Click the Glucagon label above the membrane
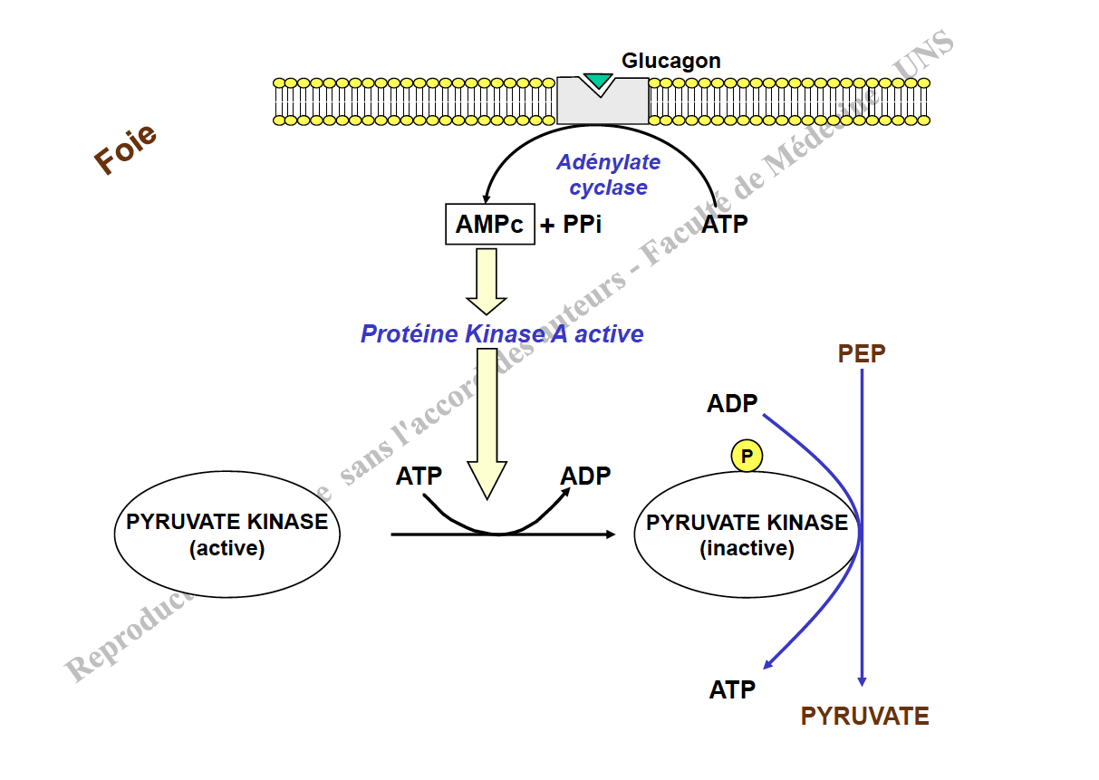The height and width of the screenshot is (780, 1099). pos(670,61)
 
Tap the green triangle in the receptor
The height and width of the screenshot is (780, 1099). pos(598,82)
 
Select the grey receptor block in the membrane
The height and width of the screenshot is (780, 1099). pos(603,104)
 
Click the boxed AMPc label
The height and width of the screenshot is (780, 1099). pos(489,225)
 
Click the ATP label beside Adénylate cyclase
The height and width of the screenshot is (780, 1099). pos(725,225)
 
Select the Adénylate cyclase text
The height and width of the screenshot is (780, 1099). pos(608,175)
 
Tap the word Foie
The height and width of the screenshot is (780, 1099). pos(125,149)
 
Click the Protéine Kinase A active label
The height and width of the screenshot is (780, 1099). pos(502,334)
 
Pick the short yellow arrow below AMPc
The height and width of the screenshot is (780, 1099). pos(487,280)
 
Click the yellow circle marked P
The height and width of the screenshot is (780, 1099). pos(747,457)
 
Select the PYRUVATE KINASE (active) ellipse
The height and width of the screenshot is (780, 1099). pos(227,534)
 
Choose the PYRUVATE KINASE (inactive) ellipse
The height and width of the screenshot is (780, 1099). pos(747,534)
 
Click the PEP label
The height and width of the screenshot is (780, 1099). pos(861,354)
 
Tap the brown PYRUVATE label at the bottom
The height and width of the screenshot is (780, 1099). pos(864,717)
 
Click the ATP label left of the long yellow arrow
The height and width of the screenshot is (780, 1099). pos(419,476)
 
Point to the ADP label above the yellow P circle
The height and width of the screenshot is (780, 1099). pos(732,403)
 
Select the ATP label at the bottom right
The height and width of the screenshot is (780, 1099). pos(732,690)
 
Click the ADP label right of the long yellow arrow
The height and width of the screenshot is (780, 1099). pos(585,476)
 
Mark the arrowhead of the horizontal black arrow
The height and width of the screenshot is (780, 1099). pos(610,534)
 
